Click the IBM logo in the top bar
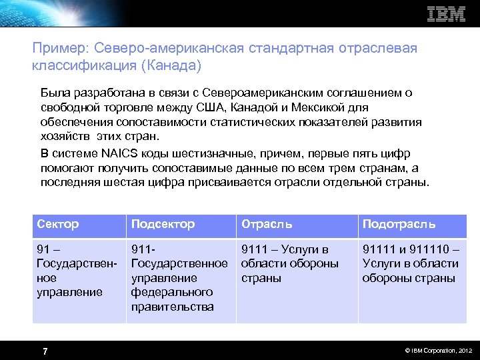coord(445,14)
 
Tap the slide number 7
coord(44,351)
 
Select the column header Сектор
coord(58,224)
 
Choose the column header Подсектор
coord(163,224)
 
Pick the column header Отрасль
coord(267,224)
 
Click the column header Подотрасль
coord(399,224)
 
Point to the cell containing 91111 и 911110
coord(410,263)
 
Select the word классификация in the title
coord(83,66)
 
